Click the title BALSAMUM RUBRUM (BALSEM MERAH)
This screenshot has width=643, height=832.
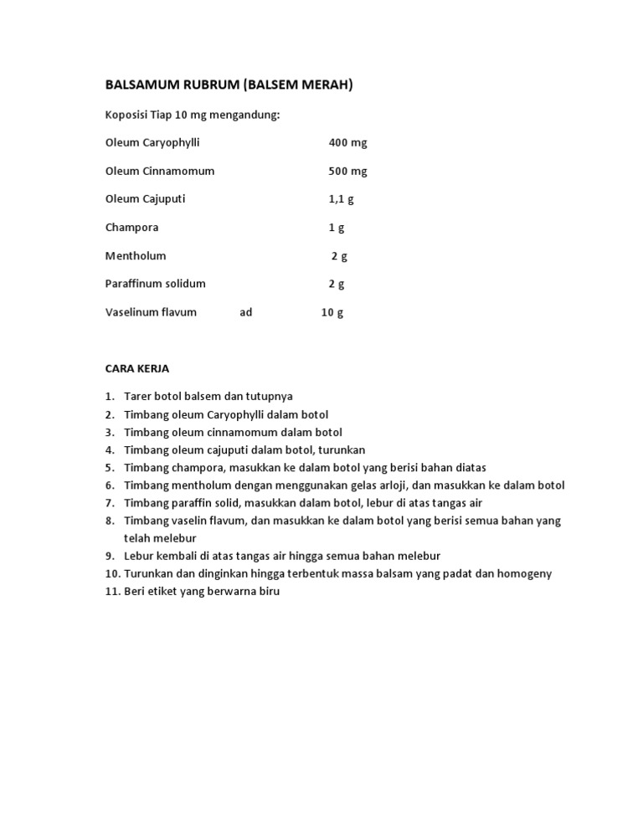pyautogui.click(x=229, y=85)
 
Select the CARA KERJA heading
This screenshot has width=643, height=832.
pyautogui.click(x=136, y=368)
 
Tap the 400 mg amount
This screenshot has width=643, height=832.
pyautogui.click(x=347, y=143)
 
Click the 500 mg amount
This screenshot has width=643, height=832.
pyautogui.click(x=347, y=172)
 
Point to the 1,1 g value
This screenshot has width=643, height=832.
pyautogui.click(x=341, y=199)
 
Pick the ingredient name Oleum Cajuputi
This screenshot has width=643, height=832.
pyautogui.click(x=146, y=199)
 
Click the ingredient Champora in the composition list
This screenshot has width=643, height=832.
pyautogui.click(x=131, y=228)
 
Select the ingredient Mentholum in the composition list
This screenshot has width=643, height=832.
pyautogui.click(x=136, y=256)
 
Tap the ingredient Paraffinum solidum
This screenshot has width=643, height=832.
pyautogui.click(x=155, y=284)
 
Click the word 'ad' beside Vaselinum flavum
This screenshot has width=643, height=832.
pyautogui.click(x=245, y=312)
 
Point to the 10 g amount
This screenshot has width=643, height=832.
pyautogui.click(x=332, y=312)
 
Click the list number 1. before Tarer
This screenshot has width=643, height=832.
pyautogui.click(x=110, y=397)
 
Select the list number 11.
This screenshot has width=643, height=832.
pyautogui.click(x=113, y=592)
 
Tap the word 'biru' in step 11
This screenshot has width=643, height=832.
pyautogui.click(x=268, y=592)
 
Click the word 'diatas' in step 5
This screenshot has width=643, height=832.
pyautogui.click(x=470, y=468)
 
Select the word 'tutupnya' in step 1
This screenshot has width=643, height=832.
pyautogui.click(x=270, y=397)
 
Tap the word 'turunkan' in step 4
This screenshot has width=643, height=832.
pyautogui.click(x=342, y=450)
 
